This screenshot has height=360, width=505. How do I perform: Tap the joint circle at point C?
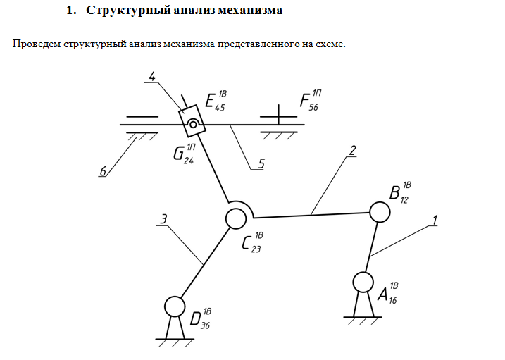click(x=235, y=219)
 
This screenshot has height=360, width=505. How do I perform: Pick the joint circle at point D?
click(x=173, y=306)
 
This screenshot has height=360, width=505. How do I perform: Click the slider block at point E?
click(x=192, y=123)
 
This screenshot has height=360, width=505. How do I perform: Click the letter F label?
click(x=305, y=101)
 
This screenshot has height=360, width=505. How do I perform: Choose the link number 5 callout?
click(x=261, y=164)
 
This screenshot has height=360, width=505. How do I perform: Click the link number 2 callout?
click(x=351, y=150)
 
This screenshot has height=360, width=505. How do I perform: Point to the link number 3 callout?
click(x=163, y=220)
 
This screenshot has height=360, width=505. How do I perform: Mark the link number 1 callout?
click(x=435, y=220)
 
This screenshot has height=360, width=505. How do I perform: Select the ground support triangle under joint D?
click(x=173, y=328)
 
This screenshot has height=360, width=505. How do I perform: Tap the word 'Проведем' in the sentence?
click(x=36, y=44)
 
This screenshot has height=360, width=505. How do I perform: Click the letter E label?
click(x=210, y=101)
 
